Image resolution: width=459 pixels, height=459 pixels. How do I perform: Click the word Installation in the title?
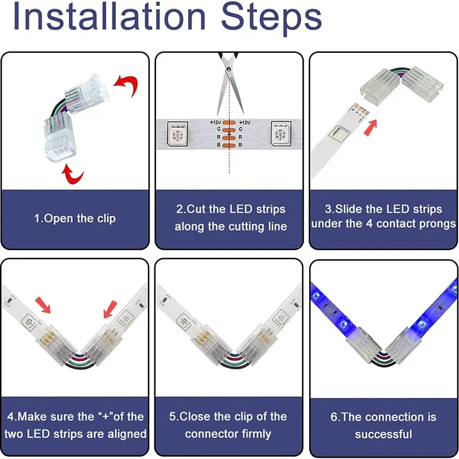tap(109, 16)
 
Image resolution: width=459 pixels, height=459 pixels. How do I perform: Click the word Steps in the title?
tap(271, 18)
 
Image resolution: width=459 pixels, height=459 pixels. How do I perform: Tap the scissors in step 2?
tap(230, 83)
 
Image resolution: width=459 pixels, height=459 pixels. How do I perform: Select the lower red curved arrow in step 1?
tap(72, 174)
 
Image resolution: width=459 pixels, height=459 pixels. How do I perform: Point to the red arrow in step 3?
tap(370, 127)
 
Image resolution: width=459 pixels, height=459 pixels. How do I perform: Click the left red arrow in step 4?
tap(43, 305)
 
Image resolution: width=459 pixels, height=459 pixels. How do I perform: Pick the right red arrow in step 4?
tap(110, 309)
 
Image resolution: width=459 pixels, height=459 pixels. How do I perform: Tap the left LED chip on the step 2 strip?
tap(177, 134)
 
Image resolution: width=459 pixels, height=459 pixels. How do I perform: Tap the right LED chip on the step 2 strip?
tap(281, 134)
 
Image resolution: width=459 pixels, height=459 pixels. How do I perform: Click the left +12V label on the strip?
tap(215, 122)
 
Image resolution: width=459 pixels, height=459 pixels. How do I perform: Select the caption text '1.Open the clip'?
tap(75, 219)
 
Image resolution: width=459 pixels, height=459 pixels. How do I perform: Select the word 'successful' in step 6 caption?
tap(383, 434)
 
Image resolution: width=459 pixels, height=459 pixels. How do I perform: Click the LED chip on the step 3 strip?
tap(339, 134)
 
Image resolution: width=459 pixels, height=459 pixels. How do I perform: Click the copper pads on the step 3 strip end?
tap(361, 110)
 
